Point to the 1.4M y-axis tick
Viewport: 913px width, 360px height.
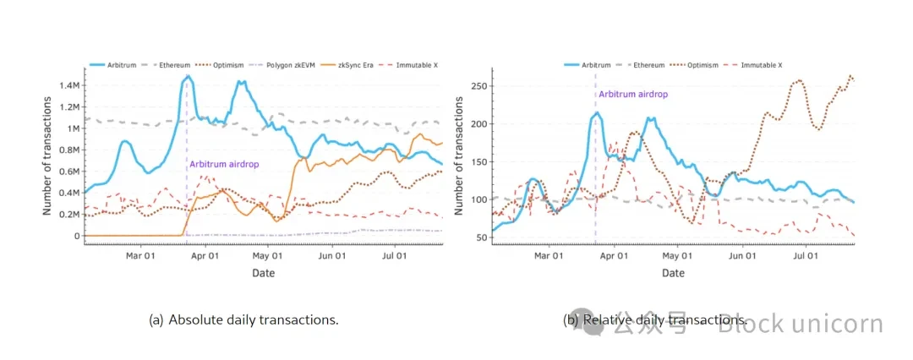point(68,86)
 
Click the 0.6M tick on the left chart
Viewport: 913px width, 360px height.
point(68,172)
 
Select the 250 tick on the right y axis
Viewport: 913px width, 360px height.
point(480,86)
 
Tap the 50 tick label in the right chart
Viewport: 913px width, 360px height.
point(483,237)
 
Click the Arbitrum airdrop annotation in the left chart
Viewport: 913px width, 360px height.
point(224,163)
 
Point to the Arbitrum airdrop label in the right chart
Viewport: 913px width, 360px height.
point(632,95)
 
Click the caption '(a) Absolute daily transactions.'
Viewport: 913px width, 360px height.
point(243,320)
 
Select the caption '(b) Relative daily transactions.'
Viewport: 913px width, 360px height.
point(654,320)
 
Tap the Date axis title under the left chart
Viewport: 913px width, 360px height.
point(263,273)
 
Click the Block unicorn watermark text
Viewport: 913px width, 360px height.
point(800,324)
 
